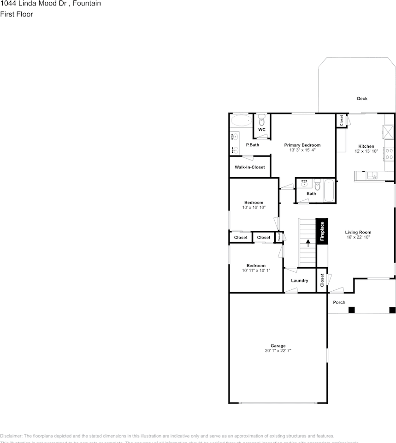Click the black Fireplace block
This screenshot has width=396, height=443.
tap(322, 231)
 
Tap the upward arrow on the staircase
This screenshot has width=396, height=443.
tap(307, 242)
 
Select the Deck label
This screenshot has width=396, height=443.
tap(362, 98)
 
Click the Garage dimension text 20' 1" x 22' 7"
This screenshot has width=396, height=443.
tap(278, 351)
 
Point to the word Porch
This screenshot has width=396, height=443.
tap(339, 302)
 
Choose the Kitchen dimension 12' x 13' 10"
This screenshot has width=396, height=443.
tap(366, 151)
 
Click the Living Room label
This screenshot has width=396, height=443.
tap(358, 232)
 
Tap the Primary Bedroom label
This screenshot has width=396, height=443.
tap(302, 145)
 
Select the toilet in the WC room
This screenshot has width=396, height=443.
tap(261, 121)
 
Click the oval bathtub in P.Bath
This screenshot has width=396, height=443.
tap(241, 122)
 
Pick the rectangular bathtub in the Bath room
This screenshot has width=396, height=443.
tap(329, 190)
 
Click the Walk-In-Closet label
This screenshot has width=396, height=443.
tap(249, 167)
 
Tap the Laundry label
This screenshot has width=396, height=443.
tap(300, 281)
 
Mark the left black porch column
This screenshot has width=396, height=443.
tap(351, 310)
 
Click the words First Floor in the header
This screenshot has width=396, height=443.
tap(17, 14)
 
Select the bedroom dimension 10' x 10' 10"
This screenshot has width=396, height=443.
tap(254, 208)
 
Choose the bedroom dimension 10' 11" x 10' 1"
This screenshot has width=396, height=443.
tap(256, 270)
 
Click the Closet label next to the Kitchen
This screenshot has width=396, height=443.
tap(341, 121)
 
